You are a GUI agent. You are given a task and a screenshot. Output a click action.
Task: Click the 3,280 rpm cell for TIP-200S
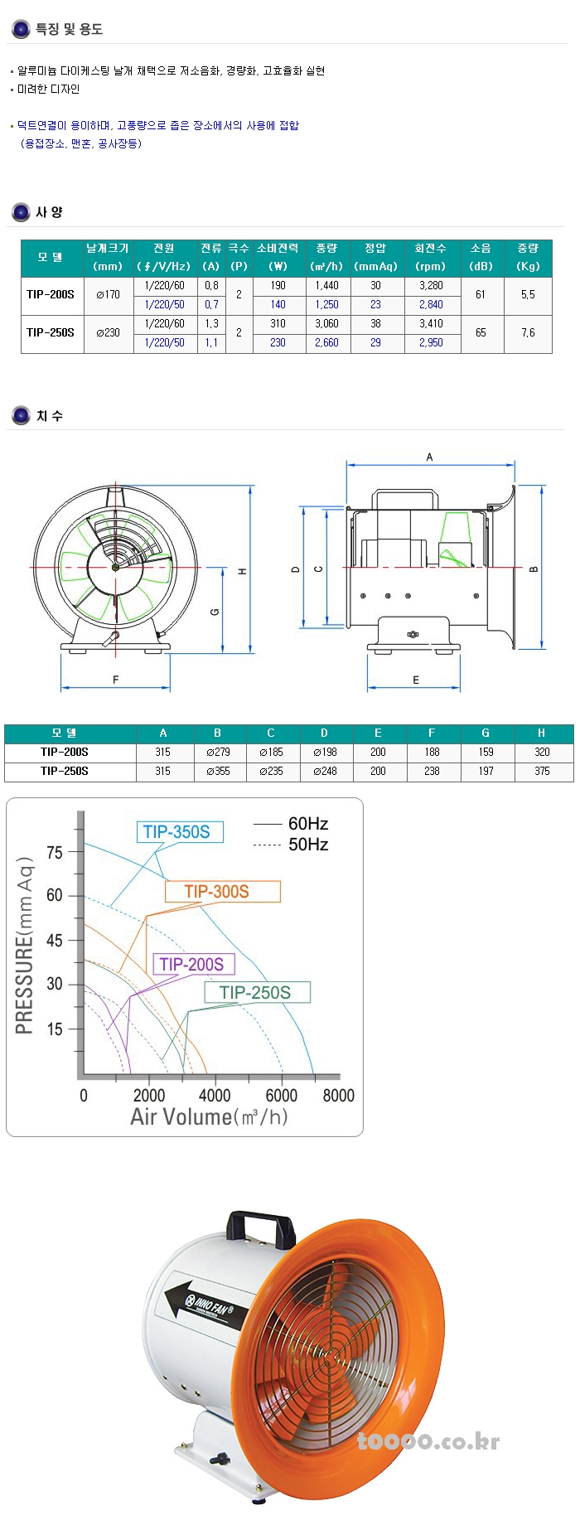[431, 285]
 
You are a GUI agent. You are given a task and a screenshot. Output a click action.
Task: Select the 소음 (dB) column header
[481, 257]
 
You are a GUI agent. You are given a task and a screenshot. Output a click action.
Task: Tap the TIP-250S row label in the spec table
[51, 332]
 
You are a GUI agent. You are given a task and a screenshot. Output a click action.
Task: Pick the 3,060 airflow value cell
[326, 323]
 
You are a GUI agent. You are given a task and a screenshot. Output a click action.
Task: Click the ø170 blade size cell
[108, 294]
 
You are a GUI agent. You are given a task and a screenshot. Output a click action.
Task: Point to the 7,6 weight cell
[528, 332]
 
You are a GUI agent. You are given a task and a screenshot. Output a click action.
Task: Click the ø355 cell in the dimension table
[218, 771]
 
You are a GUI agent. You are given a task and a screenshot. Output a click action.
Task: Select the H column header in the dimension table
[541, 733]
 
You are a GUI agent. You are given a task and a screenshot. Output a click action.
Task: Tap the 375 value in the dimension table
[542, 771]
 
